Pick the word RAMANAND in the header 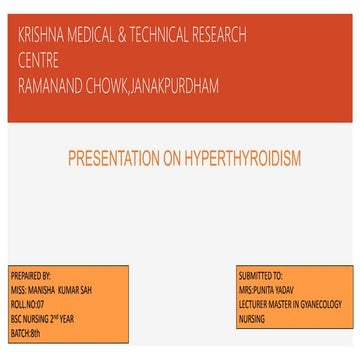(x=54, y=77)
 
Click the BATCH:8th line (x=25, y=324)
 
